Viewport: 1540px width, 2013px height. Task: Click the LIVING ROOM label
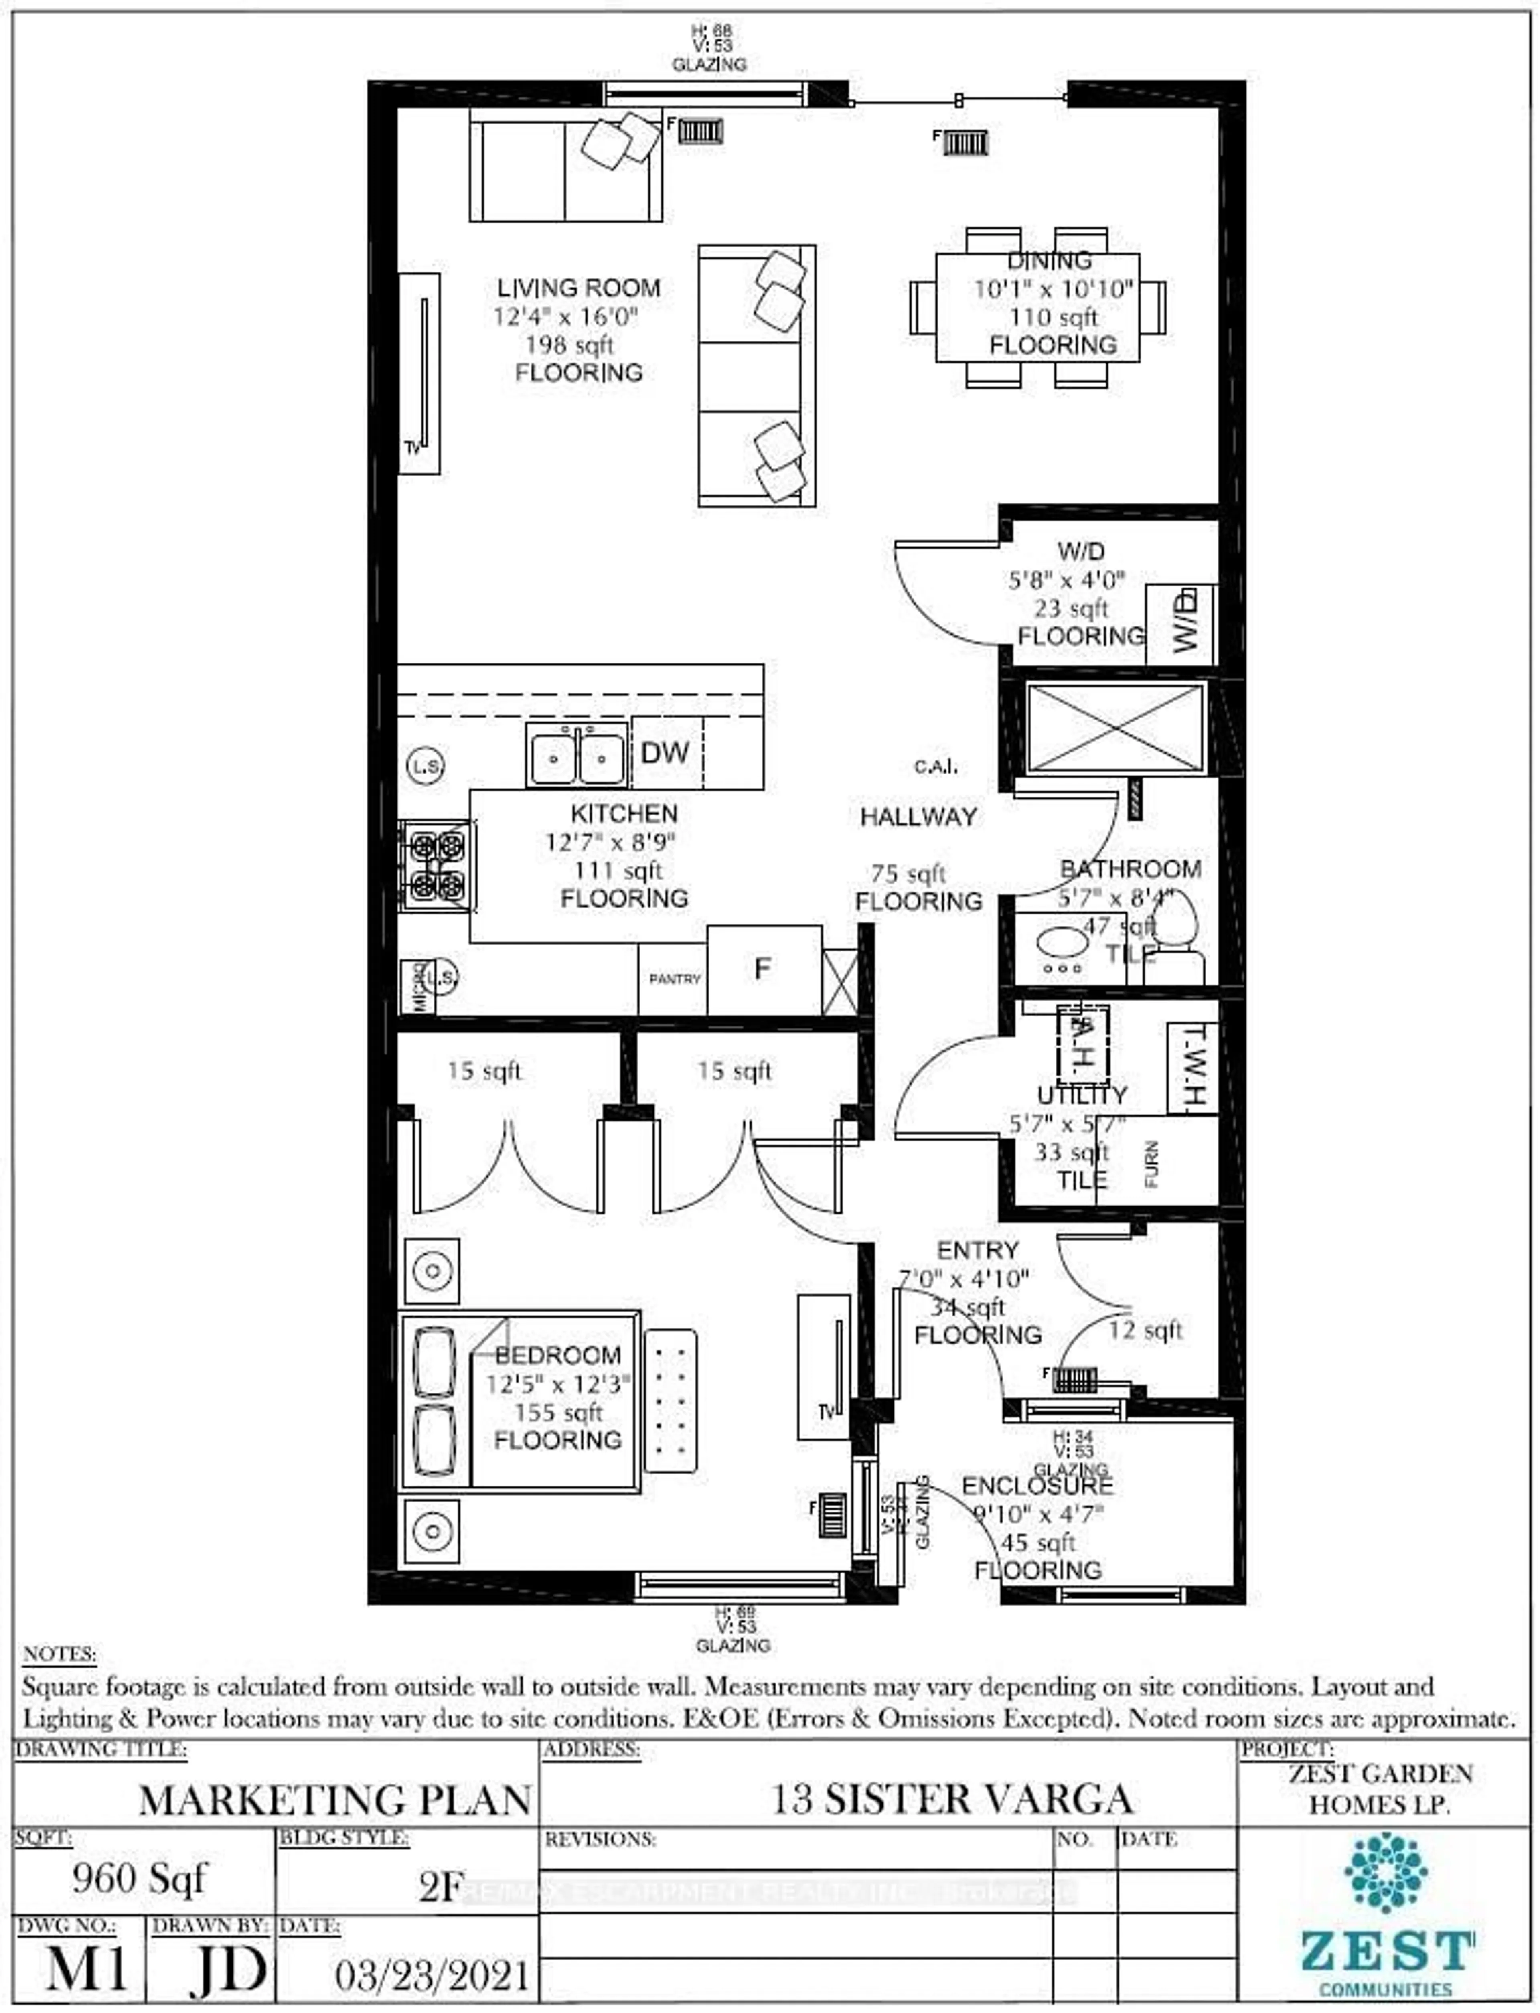(578, 288)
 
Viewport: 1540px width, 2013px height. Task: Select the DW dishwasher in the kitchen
(665, 752)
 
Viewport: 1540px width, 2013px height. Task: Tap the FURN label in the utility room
(1151, 1164)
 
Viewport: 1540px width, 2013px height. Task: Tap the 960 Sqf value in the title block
(140, 1878)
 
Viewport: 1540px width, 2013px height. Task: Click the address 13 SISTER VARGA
(950, 1799)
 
